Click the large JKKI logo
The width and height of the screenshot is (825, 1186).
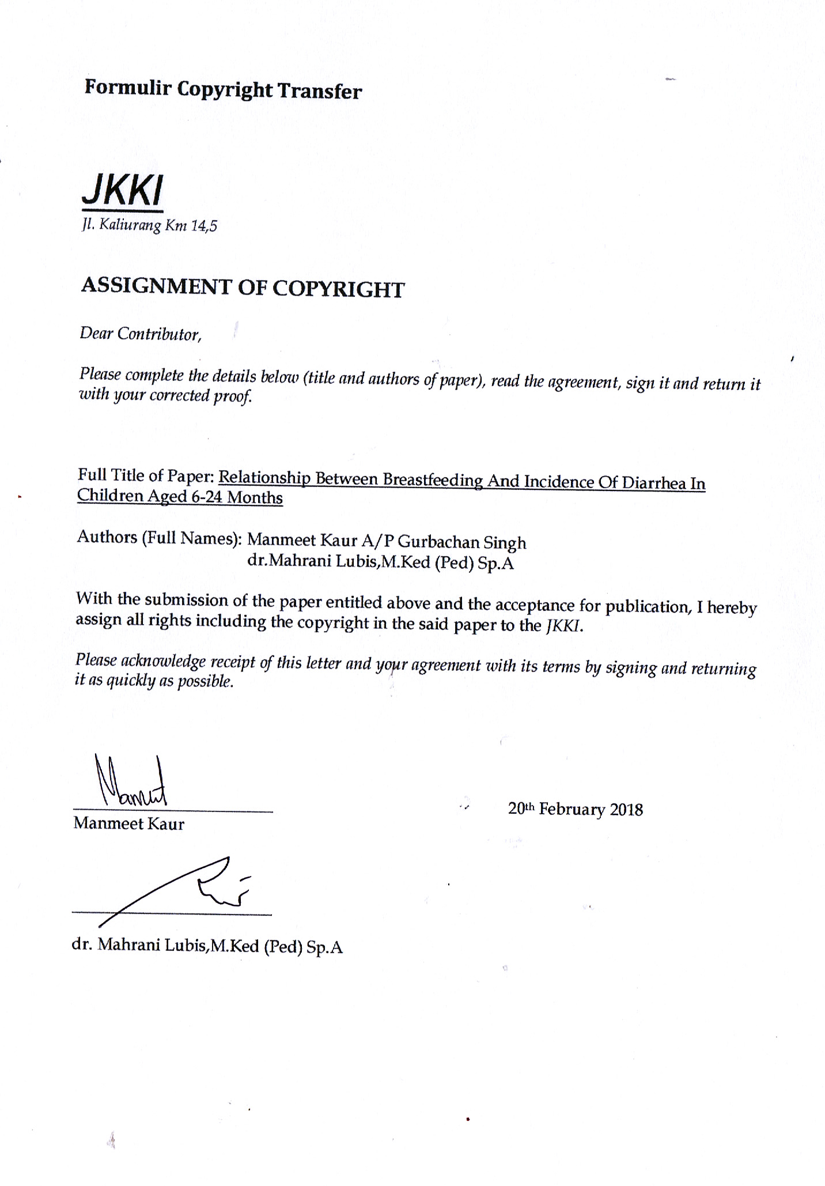[122, 190]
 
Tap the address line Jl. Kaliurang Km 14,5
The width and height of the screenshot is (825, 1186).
[149, 225]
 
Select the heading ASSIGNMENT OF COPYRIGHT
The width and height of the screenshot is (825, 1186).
[243, 287]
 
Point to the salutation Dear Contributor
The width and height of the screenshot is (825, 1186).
[140, 334]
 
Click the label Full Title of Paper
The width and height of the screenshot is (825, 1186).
[146, 475]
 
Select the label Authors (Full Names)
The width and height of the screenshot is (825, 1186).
[159, 537]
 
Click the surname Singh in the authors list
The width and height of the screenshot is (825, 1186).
[505, 543]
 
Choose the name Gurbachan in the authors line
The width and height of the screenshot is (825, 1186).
[438, 542]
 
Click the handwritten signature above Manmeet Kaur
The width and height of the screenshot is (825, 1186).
[130, 781]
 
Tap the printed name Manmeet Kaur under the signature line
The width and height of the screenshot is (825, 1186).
[129, 824]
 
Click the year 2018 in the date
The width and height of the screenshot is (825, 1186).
[626, 810]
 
